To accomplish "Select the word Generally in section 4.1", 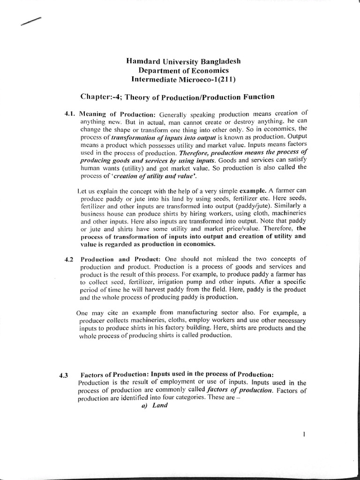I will (x=174, y=114).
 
